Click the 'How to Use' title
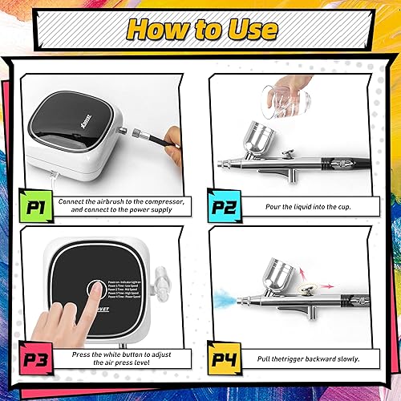200,30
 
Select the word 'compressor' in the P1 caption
166,200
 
